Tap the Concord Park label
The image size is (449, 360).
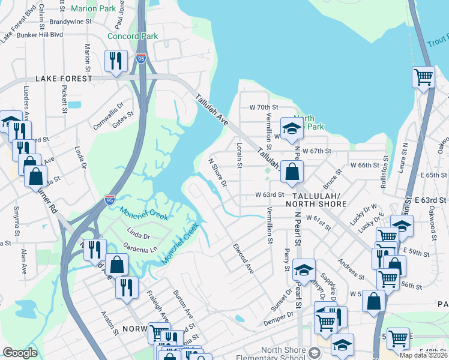(x=132, y=36)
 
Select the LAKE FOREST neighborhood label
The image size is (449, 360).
(x=64, y=79)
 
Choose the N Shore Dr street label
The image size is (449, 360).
(x=217, y=172)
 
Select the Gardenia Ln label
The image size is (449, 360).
(x=140, y=248)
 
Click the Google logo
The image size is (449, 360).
(x=20, y=352)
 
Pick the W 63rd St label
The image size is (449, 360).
(x=269, y=195)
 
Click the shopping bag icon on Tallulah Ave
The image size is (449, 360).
(x=292, y=172)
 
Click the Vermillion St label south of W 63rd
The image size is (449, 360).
(x=270, y=226)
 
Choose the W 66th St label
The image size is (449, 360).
(x=365, y=164)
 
